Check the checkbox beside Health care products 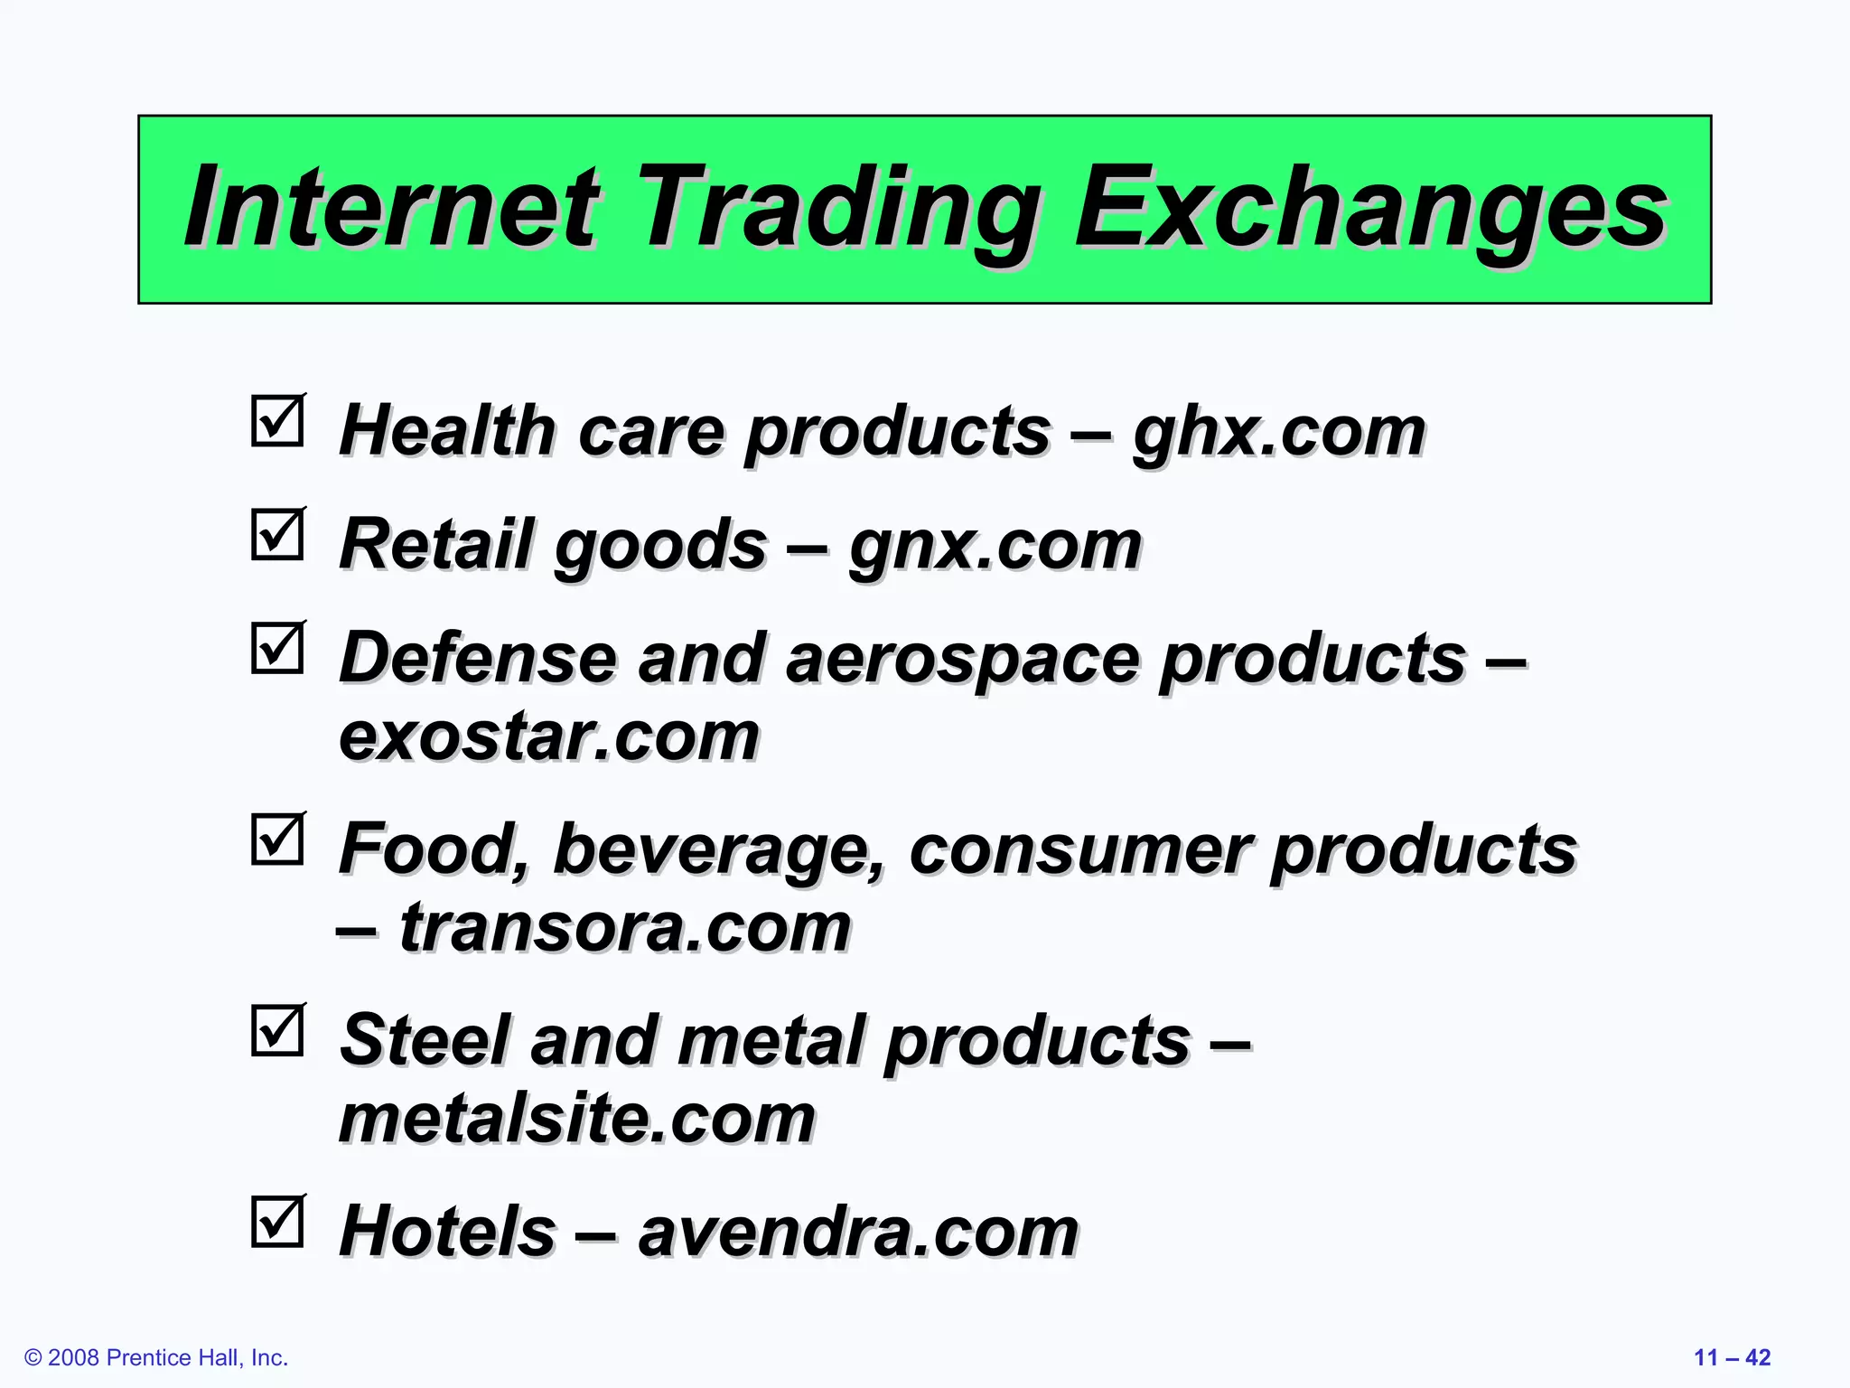pyautogui.click(x=277, y=421)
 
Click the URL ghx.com pyautogui.click(x=1278, y=432)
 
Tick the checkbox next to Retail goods pyautogui.click(x=277, y=535)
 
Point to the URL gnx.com pyautogui.click(x=995, y=546)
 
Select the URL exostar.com pyautogui.click(x=548, y=736)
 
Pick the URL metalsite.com pyautogui.click(x=576, y=1119)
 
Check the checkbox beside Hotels pyautogui.click(x=277, y=1223)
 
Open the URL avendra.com pyautogui.click(x=858, y=1233)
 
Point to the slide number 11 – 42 pyautogui.click(x=1731, y=1357)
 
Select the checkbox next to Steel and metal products pyautogui.click(x=277, y=1031)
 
